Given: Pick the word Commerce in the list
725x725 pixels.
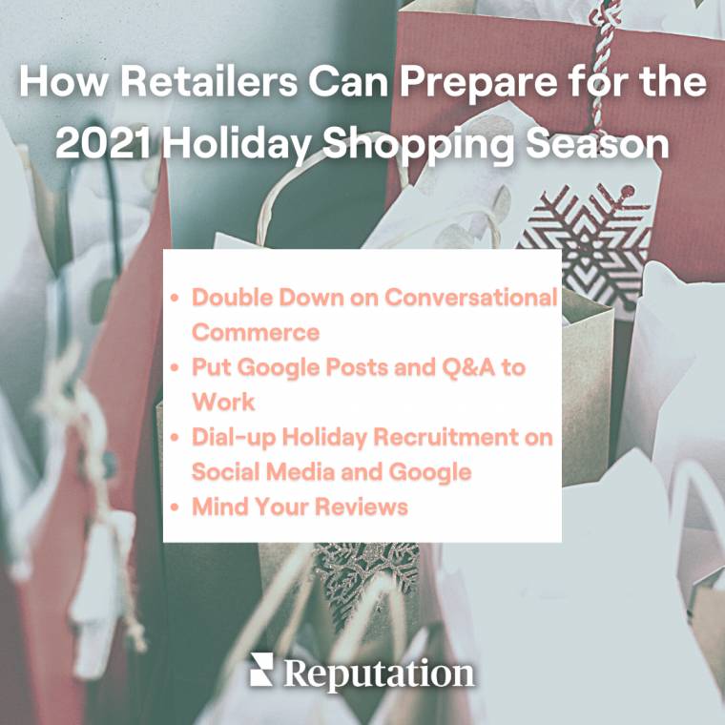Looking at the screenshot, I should [x=255, y=332].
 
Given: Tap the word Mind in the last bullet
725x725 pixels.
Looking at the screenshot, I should [x=217, y=507].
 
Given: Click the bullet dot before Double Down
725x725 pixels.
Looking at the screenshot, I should [x=175, y=298].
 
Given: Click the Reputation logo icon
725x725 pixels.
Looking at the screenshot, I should [x=261, y=670].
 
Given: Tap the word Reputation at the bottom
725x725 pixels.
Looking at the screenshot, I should [x=379, y=673].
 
